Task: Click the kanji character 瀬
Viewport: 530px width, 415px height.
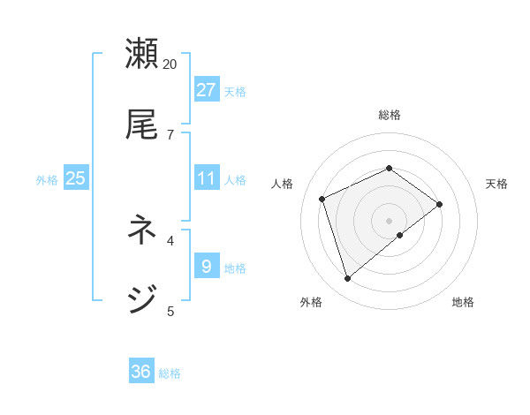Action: (x=142, y=55)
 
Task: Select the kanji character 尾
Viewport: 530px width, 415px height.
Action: (x=142, y=124)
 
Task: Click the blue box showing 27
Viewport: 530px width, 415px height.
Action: (x=207, y=90)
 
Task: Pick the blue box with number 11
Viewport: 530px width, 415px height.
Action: (x=207, y=178)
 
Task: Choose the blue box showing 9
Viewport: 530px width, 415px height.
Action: (x=207, y=266)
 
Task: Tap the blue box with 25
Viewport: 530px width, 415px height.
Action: (x=76, y=178)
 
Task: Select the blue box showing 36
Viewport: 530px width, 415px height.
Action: (x=141, y=372)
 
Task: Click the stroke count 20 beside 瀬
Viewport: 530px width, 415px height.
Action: (x=170, y=64)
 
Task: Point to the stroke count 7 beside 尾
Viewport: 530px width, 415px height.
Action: (x=170, y=134)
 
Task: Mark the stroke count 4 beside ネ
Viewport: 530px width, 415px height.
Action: (x=170, y=239)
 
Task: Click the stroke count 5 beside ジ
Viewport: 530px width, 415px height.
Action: (x=170, y=310)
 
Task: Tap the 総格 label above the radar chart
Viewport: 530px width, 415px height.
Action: (x=389, y=115)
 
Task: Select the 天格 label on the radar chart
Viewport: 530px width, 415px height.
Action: (x=496, y=184)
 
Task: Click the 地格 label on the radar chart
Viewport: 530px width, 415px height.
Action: (x=463, y=302)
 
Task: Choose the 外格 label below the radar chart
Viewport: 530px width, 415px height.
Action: (x=311, y=302)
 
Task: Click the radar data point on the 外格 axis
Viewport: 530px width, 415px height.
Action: (x=348, y=279)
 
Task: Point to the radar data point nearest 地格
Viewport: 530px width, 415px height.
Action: (x=400, y=235)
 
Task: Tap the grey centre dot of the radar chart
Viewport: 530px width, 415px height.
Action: (x=389, y=220)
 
